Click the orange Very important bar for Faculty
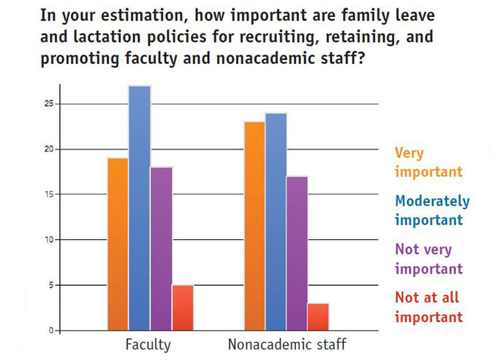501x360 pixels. (x=118, y=244)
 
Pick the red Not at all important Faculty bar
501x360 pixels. (x=182, y=307)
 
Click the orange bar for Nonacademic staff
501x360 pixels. (x=254, y=226)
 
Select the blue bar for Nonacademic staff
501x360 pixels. (x=276, y=222)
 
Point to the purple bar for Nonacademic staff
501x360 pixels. (x=297, y=253)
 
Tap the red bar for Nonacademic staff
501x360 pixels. (x=318, y=317)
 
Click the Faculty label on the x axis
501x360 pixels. (x=148, y=344)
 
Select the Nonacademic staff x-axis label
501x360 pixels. (x=287, y=344)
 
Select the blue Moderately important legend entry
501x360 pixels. (x=432, y=210)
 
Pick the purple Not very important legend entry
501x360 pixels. (x=428, y=259)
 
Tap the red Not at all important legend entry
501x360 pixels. (x=428, y=307)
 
